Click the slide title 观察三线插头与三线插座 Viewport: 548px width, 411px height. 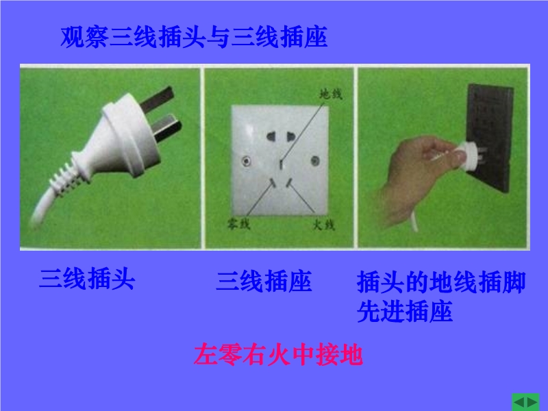click(194, 37)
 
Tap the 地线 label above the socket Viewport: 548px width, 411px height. click(331, 94)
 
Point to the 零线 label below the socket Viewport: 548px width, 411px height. click(238, 224)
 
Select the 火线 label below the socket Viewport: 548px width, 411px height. click(323, 225)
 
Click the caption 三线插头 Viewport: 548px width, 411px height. click(87, 279)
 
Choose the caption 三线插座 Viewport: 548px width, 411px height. click(264, 281)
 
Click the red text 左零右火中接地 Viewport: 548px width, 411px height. click(278, 354)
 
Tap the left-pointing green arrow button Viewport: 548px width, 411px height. click(519, 403)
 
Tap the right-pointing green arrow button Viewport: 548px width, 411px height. click(532, 403)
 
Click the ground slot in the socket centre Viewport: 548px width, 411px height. click(282, 164)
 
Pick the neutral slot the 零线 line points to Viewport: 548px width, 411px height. click(273, 182)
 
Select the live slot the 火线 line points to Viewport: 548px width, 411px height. click(289, 183)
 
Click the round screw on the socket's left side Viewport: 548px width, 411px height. click(247, 161)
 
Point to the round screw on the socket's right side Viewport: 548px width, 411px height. click(315, 161)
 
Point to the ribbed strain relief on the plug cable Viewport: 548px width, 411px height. click(66, 178)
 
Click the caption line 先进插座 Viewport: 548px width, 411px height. click(405, 311)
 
